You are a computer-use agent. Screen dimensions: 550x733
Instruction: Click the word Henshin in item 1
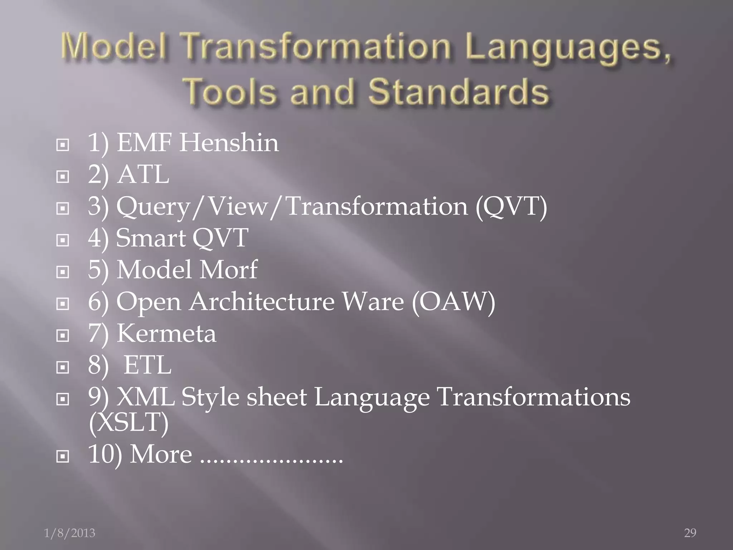point(229,143)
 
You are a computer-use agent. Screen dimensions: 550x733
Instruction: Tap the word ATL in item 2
point(143,175)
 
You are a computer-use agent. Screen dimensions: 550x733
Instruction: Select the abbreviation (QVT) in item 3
point(511,207)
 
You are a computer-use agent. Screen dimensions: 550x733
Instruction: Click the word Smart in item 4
point(151,238)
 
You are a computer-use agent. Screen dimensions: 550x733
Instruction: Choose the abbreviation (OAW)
point(453,301)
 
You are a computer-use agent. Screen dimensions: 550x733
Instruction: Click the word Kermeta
point(166,333)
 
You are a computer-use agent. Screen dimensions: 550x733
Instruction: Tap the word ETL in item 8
point(147,365)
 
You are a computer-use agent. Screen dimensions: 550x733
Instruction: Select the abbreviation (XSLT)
point(128,423)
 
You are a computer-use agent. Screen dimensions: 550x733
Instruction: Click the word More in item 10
point(161,454)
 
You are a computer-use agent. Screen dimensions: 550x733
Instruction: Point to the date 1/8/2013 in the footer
point(69,533)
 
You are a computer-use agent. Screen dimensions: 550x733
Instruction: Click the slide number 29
point(690,533)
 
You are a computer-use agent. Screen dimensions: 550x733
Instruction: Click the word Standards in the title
point(459,91)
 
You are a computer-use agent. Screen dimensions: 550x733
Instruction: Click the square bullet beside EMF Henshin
point(63,145)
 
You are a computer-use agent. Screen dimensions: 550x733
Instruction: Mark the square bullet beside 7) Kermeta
point(63,336)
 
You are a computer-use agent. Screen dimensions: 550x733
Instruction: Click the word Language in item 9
point(372,398)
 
